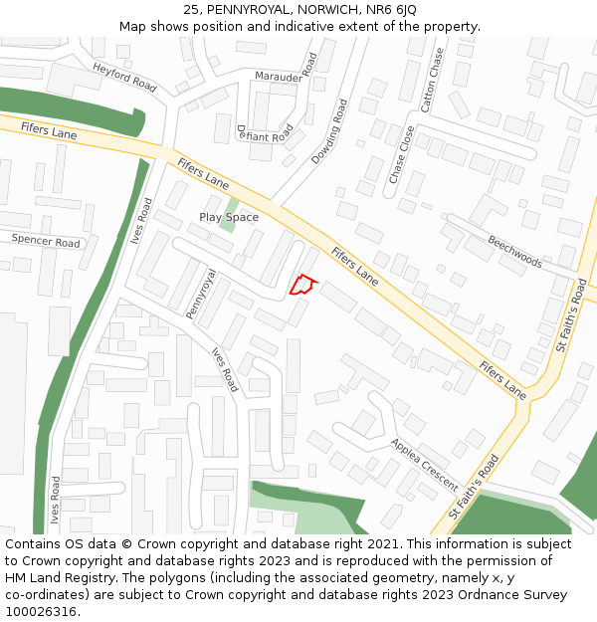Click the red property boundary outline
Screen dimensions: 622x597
coord(301,286)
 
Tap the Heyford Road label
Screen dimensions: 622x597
coord(124,77)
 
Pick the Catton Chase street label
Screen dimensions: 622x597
coord(431,79)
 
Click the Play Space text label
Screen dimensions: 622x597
coord(229,217)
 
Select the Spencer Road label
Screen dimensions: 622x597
coord(46,241)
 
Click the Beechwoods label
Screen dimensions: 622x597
coord(514,252)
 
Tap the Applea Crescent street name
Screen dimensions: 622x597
coord(425,465)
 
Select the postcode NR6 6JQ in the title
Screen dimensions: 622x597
coord(392,10)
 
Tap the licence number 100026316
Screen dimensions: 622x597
coord(41,611)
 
